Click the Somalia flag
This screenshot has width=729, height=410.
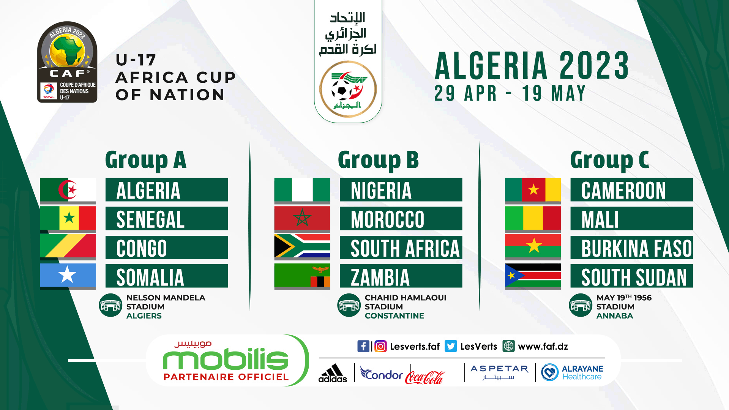click(68, 275)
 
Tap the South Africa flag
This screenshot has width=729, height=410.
click(302, 246)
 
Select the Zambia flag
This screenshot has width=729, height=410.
click(302, 275)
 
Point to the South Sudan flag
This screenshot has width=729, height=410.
click(533, 275)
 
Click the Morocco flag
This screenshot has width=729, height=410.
click(302, 218)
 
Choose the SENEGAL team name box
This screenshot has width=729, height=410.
click(167, 219)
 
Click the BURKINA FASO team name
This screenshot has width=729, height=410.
click(637, 248)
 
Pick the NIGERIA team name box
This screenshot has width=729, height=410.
click(401, 190)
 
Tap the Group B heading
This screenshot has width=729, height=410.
click(378, 160)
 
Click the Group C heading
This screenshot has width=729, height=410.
click(609, 160)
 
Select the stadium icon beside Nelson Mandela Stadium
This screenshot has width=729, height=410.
click(110, 305)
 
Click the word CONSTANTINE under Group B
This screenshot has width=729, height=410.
click(394, 316)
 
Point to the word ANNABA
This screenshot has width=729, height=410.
click(615, 316)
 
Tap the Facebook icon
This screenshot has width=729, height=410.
click(363, 346)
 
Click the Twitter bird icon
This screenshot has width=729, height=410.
click(451, 346)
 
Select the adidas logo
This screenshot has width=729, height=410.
click(333, 373)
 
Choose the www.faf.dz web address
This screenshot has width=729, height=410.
click(543, 347)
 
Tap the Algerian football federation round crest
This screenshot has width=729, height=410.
click(348, 90)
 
